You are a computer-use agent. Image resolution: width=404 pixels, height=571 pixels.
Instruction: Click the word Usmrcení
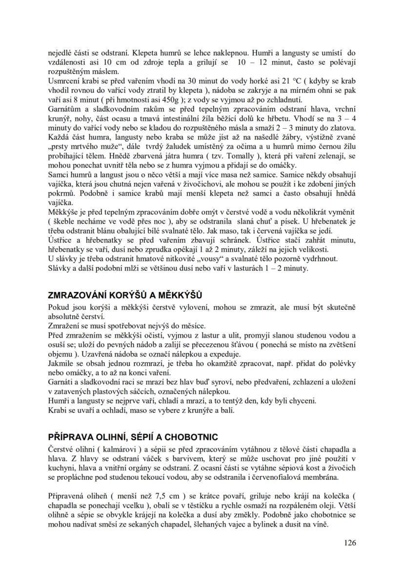click(63, 95)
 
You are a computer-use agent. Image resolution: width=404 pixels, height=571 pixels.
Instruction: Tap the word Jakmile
click(61, 364)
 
